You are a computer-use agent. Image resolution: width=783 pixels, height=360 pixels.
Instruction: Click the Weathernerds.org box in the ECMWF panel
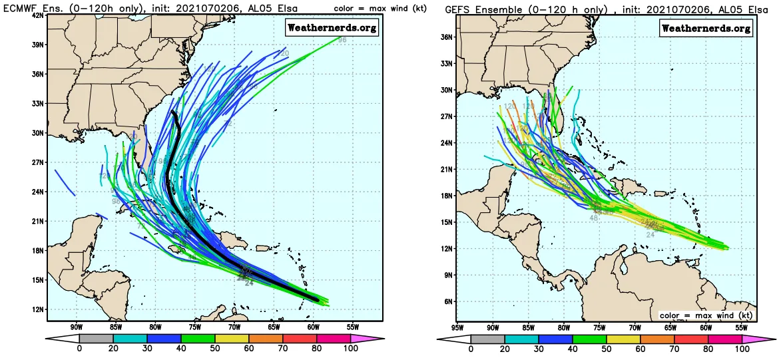click(x=332, y=27)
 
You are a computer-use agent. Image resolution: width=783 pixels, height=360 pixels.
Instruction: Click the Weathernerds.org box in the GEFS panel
click(x=706, y=28)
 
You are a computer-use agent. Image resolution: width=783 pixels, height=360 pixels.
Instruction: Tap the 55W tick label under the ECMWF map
click(x=353, y=327)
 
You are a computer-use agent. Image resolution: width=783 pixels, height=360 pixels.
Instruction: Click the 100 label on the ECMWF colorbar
click(x=350, y=348)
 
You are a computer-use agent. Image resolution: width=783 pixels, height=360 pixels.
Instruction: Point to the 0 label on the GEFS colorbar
click(x=471, y=348)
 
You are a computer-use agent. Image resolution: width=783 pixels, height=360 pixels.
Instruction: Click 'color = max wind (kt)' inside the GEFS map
click(x=706, y=315)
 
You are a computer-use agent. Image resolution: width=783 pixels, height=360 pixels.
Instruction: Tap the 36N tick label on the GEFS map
click(x=447, y=37)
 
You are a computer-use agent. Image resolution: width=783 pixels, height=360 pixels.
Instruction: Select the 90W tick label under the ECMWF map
click(x=76, y=327)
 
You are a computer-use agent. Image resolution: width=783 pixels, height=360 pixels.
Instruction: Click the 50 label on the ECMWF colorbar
click(x=214, y=348)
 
